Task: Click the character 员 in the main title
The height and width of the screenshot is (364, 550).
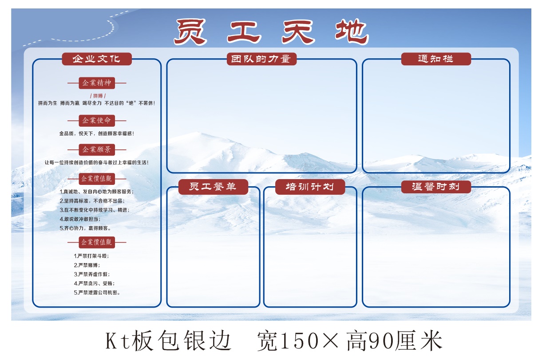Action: pyautogui.click(x=191, y=32)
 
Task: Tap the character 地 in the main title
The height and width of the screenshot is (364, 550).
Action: pyautogui.click(x=352, y=32)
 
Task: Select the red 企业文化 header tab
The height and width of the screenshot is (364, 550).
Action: pyautogui.click(x=97, y=59)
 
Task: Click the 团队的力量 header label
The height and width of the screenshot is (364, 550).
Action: pyautogui.click(x=261, y=59)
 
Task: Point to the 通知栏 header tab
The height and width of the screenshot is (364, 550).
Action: pyautogui.click(x=436, y=59)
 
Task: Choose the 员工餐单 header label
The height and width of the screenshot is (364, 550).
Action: pyautogui.click(x=213, y=187)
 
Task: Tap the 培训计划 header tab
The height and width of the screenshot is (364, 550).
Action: pyautogui.click(x=310, y=187)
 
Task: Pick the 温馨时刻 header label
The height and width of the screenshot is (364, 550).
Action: pyautogui.click(x=436, y=187)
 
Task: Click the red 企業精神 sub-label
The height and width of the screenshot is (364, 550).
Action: pyautogui.click(x=97, y=83)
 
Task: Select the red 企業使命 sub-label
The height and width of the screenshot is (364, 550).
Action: pyautogui.click(x=97, y=121)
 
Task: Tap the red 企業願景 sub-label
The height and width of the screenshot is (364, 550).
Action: pyautogui.click(x=97, y=150)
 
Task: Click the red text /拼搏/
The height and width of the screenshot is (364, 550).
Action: pyautogui.click(x=98, y=96)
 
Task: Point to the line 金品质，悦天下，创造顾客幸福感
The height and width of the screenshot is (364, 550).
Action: pyautogui.click(x=96, y=134)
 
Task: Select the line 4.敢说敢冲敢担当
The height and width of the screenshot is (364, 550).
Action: pyautogui.click(x=80, y=219)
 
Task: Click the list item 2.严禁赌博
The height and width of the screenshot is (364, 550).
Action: pyautogui.click(x=87, y=265)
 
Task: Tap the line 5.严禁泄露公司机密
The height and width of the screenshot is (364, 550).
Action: pyautogui.click(x=97, y=293)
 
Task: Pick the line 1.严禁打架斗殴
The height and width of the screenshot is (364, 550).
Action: pyautogui.click(x=91, y=256)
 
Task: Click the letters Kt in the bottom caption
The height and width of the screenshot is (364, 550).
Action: pyautogui.click(x=118, y=341)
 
